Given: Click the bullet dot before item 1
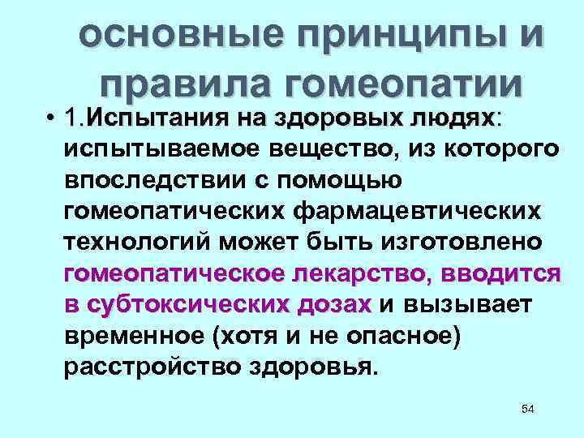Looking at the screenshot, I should [x=50, y=120].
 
